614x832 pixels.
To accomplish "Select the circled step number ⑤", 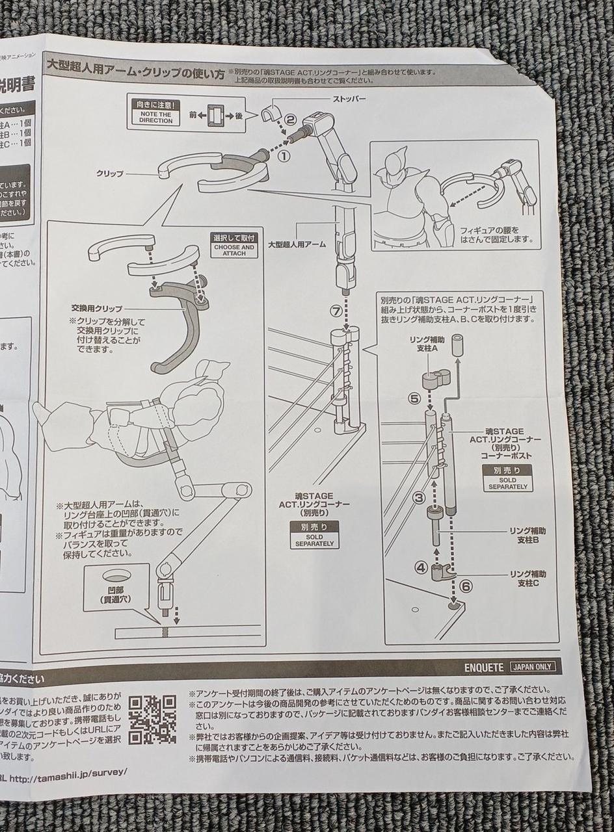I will pyautogui.click(x=414, y=398).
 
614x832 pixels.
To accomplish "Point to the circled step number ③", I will pyautogui.click(x=420, y=498).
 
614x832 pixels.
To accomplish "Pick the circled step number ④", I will pyautogui.click(x=421, y=567).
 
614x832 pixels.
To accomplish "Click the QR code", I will pyautogui.click(x=152, y=719).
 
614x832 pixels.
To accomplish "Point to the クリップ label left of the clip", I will pyautogui.click(x=110, y=174).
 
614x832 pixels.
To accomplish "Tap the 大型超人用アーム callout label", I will pyautogui.click(x=297, y=244).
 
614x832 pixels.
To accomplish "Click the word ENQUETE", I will pyautogui.click(x=484, y=667).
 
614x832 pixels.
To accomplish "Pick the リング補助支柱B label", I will pyautogui.click(x=527, y=535).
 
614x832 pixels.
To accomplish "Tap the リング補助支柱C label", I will pyautogui.click(x=527, y=578).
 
